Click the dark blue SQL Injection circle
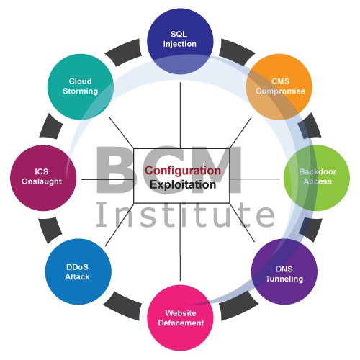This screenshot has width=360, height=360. click(180, 41)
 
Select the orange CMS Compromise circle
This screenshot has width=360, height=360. click(279, 87)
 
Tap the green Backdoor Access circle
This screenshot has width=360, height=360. click(317, 178)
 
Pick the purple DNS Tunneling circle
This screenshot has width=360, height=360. click(284, 271)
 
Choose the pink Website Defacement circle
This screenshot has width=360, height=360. click(180, 318)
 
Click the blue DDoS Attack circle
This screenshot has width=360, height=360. click(78, 271)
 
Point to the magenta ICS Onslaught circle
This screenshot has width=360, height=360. click(43, 178)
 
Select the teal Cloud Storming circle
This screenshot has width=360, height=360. click(81, 87)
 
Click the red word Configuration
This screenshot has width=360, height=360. click(183, 171)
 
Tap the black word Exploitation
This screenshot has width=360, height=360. click(183, 184)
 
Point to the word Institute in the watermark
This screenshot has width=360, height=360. click(185, 215)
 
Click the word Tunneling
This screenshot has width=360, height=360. click(284, 279)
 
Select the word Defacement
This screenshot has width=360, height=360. click(181, 323)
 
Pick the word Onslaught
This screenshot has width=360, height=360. click(42, 181)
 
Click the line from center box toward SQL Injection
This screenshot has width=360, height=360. click(180, 115)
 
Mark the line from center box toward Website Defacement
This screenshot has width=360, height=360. click(180, 242)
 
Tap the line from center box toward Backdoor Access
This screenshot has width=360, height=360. click(255, 179)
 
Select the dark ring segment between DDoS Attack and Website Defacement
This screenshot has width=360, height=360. click(122, 306)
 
